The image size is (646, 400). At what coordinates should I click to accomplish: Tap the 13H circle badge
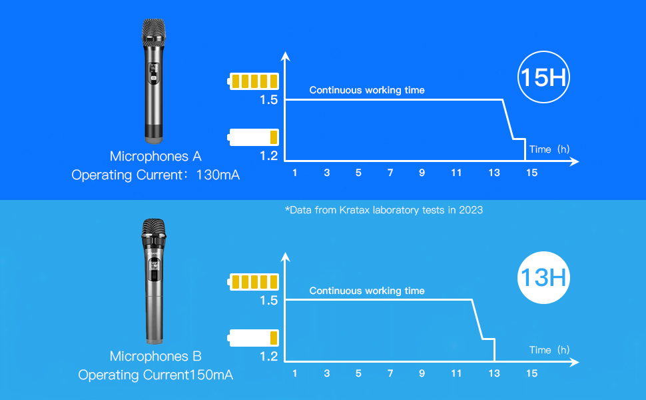point(543,277)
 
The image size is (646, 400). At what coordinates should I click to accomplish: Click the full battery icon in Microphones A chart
point(252,82)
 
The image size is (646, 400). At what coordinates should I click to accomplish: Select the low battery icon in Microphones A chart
point(252,138)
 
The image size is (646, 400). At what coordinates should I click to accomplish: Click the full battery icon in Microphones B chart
point(252,282)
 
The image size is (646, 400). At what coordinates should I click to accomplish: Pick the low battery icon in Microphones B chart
point(252,338)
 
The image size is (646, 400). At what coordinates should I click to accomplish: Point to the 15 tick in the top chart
point(531,173)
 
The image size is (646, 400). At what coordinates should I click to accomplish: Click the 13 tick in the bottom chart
point(493,373)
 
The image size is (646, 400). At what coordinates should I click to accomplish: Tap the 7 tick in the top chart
point(390,173)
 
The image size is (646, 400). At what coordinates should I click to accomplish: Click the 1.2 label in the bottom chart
point(268,356)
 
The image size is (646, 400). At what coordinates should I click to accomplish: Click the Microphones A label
point(155,157)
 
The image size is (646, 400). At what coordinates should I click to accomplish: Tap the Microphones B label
point(155,357)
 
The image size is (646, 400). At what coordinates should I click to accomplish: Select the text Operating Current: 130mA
point(155,176)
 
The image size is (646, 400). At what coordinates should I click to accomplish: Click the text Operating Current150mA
point(155,375)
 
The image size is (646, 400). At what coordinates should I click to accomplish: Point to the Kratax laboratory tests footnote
point(384,210)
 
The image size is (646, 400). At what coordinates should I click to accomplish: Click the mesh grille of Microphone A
point(153,31)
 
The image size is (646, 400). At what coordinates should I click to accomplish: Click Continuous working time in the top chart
point(366,90)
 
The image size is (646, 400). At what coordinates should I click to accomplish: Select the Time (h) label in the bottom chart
point(549,350)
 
